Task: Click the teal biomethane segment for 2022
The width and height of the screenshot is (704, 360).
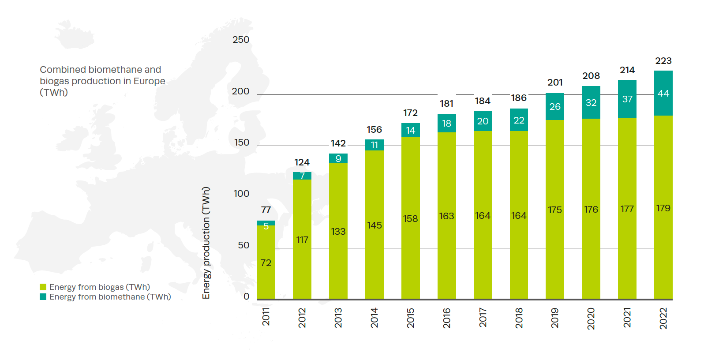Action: click(x=663, y=93)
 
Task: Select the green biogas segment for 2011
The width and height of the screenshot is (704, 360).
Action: click(x=266, y=262)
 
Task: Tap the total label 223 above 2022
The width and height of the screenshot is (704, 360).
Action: click(x=663, y=61)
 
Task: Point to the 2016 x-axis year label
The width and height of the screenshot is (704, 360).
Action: click(x=446, y=318)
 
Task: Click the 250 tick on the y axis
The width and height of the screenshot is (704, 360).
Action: click(x=241, y=40)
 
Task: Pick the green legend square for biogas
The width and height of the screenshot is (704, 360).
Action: click(x=43, y=287)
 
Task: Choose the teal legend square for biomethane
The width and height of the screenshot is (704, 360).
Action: click(x=43, y=297)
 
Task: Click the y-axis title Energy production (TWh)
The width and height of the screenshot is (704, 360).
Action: click(x=206, y=243)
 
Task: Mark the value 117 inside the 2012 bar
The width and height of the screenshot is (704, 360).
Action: click(x=302, y=240)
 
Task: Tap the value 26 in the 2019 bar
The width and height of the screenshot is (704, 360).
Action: click(x=555, y=107)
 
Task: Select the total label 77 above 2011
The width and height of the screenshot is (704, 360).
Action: click(x=266, y=210)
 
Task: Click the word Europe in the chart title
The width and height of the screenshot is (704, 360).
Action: click(x=149, y=81)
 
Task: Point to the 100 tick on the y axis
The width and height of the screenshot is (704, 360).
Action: click(x=241, y=194)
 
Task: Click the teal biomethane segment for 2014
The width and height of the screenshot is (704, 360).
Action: click(x=374, y=145)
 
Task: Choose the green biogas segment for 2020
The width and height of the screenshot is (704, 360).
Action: click(x=591, y=210)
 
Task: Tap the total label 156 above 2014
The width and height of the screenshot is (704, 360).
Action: click(x=374, y=130)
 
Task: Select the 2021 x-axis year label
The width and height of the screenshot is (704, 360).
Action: click(x=627, y=318)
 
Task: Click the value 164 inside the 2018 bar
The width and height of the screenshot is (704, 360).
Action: click(x=519, y=216)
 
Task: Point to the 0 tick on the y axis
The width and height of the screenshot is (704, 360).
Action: click(x=246, y=296)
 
